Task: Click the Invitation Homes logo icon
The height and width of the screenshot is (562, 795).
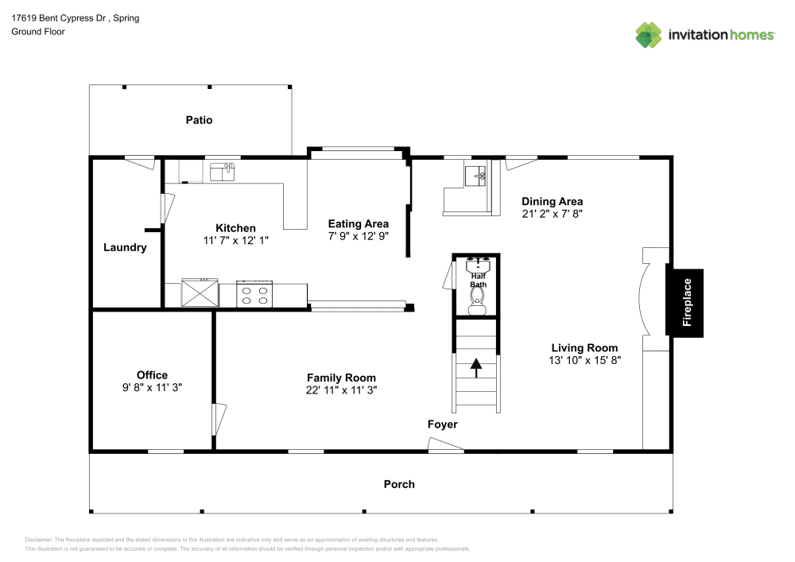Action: click(x=649, y=34)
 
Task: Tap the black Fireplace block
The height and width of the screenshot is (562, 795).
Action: click(x=684, y=303)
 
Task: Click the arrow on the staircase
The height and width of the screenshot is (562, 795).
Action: click(x=476, y=368)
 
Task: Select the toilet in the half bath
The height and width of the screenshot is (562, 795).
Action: click(x=477, y=297)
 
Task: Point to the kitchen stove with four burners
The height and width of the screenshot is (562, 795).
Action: click(x=255, y=295)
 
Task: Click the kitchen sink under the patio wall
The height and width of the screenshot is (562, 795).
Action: click(x=222, y=171)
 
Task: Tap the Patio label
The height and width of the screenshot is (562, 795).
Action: click(x=199, y=120)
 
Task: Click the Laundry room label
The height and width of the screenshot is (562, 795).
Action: click(x=125, y=247)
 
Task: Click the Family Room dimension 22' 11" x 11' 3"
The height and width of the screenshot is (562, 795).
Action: click(x=341, y=390)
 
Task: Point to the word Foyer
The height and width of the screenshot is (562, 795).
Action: click(x=443, y=424)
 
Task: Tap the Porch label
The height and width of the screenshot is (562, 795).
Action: click(x=399, y=484)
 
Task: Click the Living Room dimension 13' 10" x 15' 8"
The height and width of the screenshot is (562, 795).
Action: click(x=585, y=359)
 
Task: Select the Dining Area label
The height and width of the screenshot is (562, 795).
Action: click(x=552, y=201)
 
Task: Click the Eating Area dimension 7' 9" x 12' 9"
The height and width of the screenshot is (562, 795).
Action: click(x=358, y=236)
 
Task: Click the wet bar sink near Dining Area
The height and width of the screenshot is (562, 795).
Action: click(x=476, y=176)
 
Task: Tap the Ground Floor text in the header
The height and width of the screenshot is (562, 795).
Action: click(x=38, y=32)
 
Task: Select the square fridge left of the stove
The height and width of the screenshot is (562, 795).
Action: click(x=200, y=293)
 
